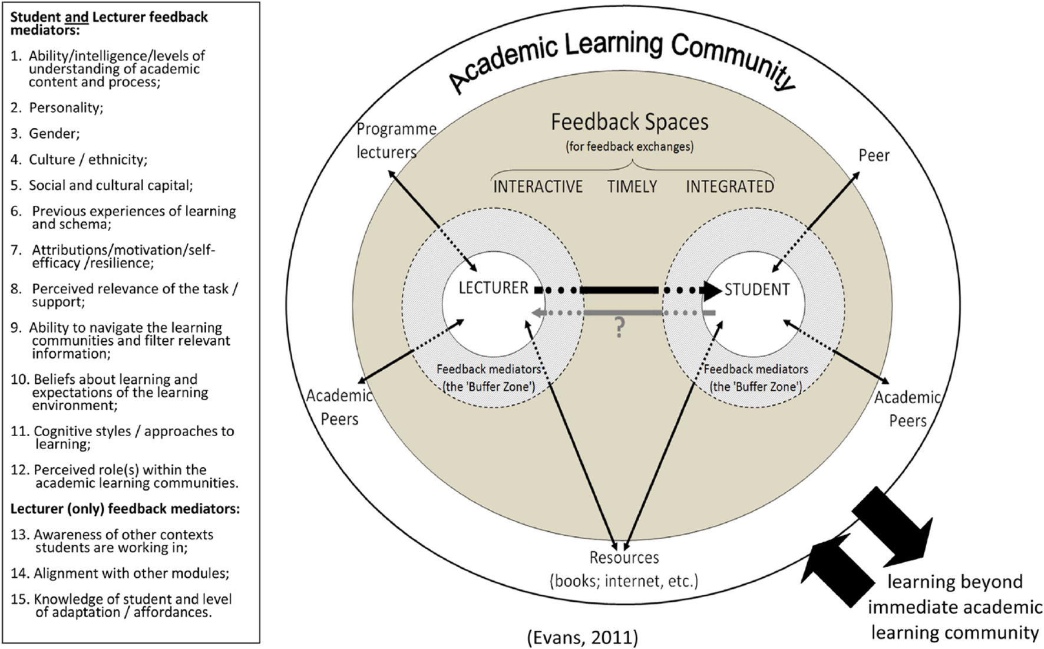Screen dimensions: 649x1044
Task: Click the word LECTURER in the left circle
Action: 493,288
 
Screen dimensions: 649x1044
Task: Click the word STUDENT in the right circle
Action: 756,289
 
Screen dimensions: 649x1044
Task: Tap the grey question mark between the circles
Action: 619,327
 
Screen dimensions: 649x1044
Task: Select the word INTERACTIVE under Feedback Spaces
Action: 537,187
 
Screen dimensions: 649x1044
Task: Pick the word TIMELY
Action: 632,187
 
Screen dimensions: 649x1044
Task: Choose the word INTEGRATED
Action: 729,187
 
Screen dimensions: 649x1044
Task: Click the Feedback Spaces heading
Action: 629,122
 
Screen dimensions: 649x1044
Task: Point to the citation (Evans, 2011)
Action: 582,637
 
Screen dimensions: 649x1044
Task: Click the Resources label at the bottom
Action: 624,558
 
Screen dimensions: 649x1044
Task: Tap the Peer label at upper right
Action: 874,156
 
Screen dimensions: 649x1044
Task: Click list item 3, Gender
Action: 54,134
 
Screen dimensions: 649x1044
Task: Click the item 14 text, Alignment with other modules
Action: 131,573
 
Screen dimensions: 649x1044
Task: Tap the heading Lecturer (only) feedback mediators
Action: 125,509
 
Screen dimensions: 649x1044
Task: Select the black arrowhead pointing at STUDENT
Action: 713,290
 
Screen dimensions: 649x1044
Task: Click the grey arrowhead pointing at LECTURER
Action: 537,312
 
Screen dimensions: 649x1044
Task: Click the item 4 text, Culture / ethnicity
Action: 88,160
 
